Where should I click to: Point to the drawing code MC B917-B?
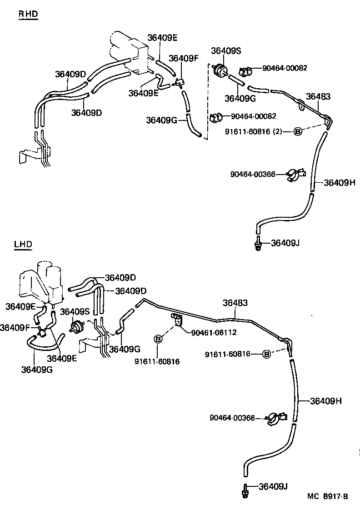(327, 496)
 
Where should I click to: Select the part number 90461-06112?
(214, 332)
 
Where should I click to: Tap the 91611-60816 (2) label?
(254, 131)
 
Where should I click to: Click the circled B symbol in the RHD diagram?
(298, 131)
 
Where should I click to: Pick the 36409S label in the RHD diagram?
(226, 51)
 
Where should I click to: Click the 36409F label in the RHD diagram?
(183, 58)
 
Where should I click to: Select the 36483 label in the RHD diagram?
(318, 96)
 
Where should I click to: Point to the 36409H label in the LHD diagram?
(326, 401)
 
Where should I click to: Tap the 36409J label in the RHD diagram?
(285, 243)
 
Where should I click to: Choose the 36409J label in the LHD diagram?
(273, 486)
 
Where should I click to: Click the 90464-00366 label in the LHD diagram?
(232, 418)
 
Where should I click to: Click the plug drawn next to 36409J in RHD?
(258, 243)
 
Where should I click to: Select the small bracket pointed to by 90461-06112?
(177, 320)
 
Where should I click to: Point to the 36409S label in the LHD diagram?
(75, 311)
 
